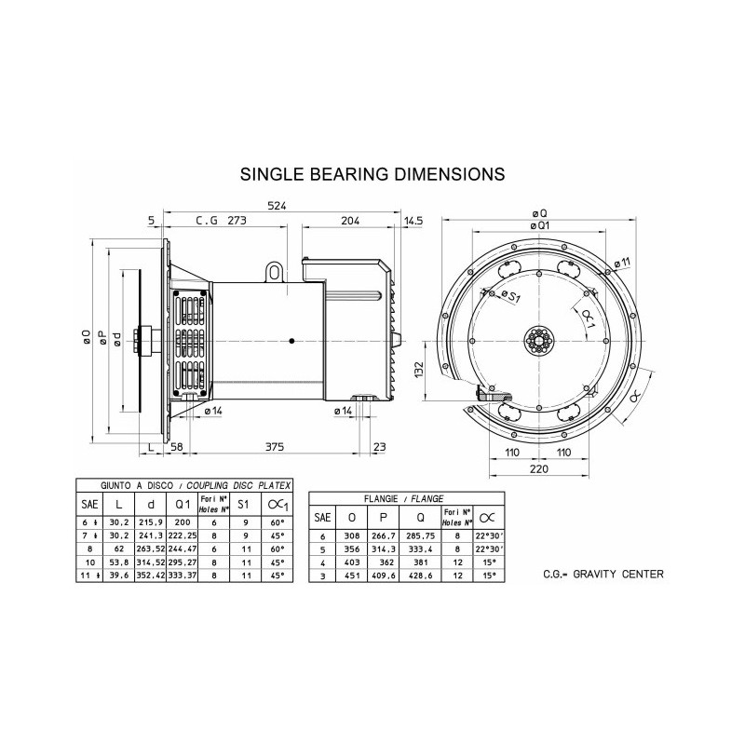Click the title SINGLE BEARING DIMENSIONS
372,174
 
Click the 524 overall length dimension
276,206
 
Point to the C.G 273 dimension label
220,222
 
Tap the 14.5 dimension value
415,222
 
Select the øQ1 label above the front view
537,226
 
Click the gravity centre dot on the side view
291,340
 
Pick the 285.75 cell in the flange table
422,537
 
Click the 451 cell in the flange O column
351,576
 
